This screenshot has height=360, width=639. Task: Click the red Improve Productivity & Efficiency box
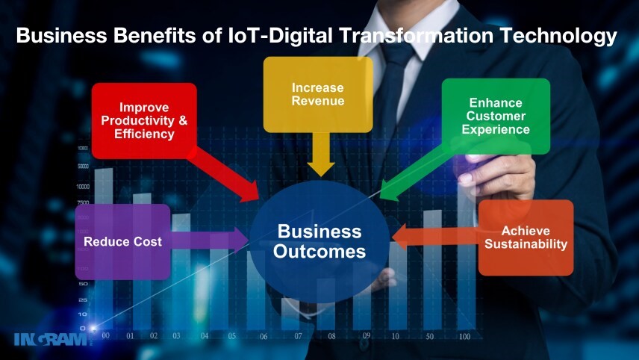pyautogui.click(x=144, y=121)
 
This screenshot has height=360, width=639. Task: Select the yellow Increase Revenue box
pyautogui.click(x=318, y=94)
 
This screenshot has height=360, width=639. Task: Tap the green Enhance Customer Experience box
pyautogui.click(x=496, y=117)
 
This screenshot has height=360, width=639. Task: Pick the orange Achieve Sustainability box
pyautogui.click(x=526, y=238)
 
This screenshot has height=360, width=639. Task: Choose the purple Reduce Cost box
pyautogui.click(x=122, y=242)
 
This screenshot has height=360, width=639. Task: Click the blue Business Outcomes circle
pyautogui.click(x=319, y=241)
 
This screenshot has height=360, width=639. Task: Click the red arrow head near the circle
pyautogui.click(x=249, y=192)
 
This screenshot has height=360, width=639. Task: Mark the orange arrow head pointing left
pyautogui.click(x=399, y=237)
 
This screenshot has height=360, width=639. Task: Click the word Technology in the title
pyautogui.click(x=558, y=36)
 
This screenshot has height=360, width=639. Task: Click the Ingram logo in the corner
pyautogui.click(x=51, y=339)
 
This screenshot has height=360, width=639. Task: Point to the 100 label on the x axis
pyautogui.click(x=464, y=336)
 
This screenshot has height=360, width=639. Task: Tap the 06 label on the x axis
pyautogui.click(x=264, y=336)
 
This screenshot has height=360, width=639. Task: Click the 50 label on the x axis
pyautogui.click(x=429, y=336)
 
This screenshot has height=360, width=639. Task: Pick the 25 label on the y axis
pyautogui.click(x=83, y=300)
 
